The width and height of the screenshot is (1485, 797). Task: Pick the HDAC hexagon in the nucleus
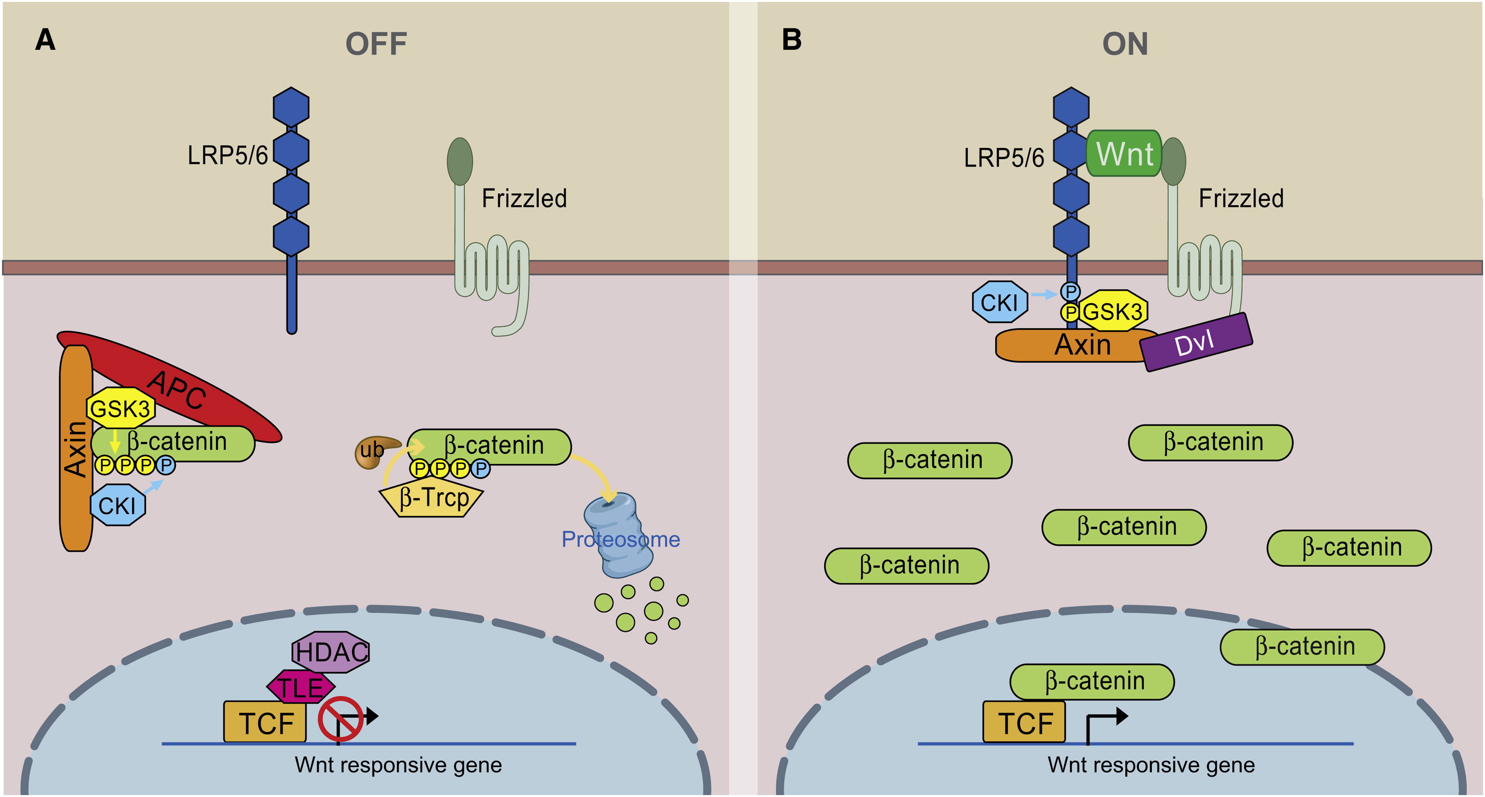331,651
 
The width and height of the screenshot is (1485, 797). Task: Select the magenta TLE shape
300,687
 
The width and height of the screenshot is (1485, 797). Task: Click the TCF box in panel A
265,722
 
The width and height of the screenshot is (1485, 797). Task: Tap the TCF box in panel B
1024,722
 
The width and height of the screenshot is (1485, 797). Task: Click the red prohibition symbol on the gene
340,719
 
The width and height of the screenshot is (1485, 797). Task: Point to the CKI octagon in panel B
999,302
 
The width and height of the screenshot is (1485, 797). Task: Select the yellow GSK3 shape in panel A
120,408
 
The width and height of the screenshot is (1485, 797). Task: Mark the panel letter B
792,40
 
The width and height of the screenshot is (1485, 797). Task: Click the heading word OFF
376,44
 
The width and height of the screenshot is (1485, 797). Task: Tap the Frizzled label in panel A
524,198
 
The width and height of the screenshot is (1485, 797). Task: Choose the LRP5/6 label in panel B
1004,158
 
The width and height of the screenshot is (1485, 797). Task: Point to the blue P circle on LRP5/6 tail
1070,291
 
